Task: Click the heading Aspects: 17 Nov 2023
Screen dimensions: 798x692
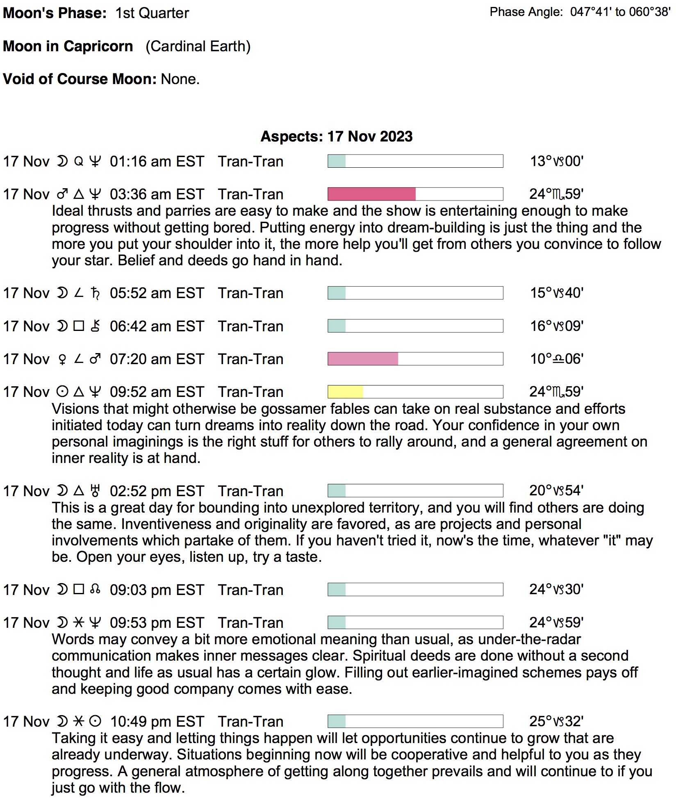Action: pyautogui.click(x=337, y=137)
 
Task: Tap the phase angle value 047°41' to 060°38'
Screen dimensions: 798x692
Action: pyautogui.click(x=620, y=12)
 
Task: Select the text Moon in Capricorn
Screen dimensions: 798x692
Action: pyautogui.click(x=68, y=46)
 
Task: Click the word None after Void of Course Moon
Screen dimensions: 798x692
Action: pyautogui.click(x=180, y=79)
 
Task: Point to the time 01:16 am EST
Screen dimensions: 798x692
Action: pyautogui.click(x=157, y=162)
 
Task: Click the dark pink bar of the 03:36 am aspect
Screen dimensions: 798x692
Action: pyautogui.click(x=371, y=194)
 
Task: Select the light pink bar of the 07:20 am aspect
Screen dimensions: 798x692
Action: pyautogui.click(x=363, y=359)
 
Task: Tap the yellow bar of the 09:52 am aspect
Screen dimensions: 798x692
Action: pyautogui.click(x=345, y=392)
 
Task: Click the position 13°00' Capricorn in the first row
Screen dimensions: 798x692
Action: pyautogui.click(x=557, y=162)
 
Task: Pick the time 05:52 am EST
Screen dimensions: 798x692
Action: pyautogui.click(x=157, y=293)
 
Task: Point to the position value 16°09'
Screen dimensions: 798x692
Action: pyautogui.click(x=557, y=326)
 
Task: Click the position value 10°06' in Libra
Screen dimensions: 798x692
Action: pyautogui.click(x=557, y=359)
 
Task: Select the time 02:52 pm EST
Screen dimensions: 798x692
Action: pyautogui.click(x=157, y=491)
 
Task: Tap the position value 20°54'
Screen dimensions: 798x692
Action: pyautogui.click(x=556, y=490)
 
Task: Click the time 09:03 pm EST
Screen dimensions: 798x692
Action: pyautogui.click(x=157, y=590)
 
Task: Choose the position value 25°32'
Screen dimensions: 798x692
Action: pyautogui.click(x=556, y=721)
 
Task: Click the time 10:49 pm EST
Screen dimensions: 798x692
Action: pyautogui.click(x=157, y=722)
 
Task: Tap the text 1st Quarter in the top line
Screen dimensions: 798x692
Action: pyautogui.click(x=152, y=13)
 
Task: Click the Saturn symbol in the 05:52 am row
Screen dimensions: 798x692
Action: pyautogui.click(x=95, y=293)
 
